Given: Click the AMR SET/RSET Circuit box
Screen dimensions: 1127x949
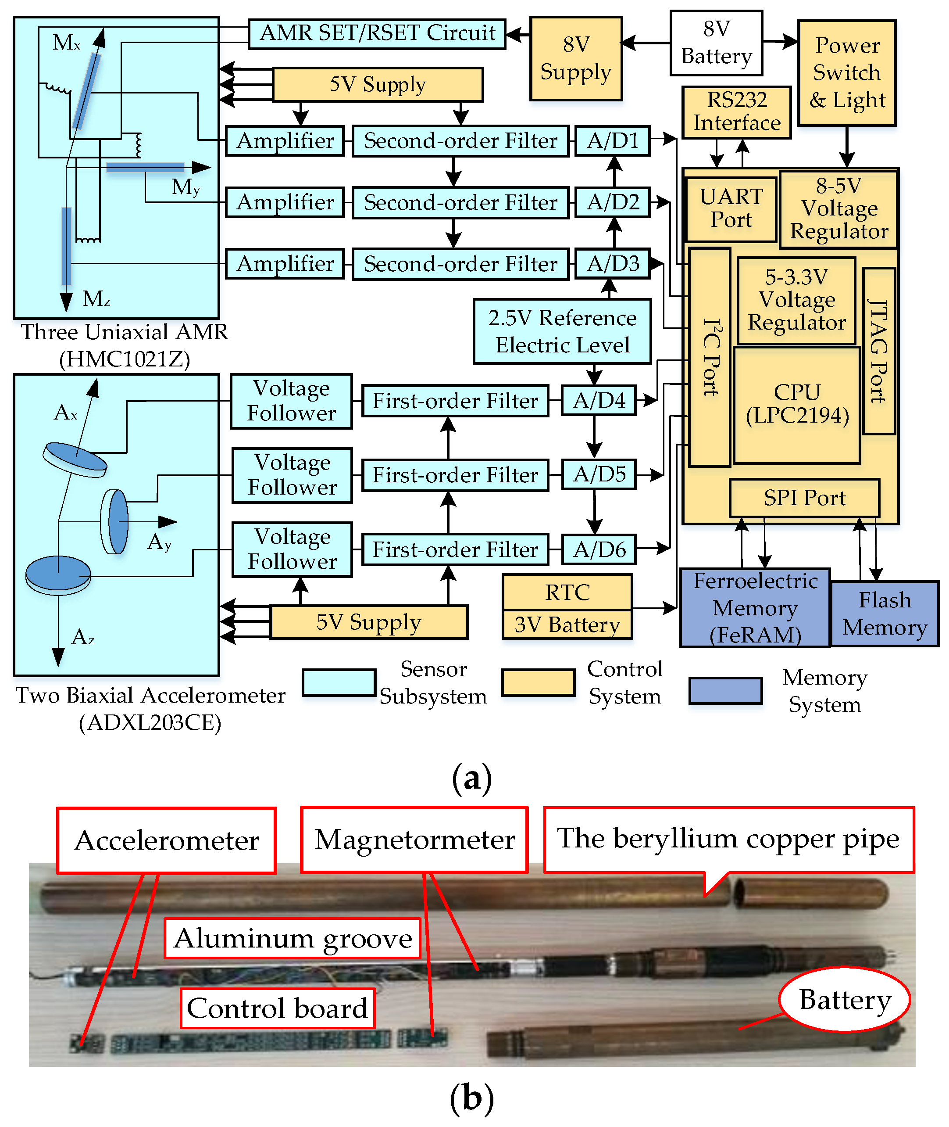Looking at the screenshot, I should [377, 34].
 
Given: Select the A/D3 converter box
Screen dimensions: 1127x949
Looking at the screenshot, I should [613, 264].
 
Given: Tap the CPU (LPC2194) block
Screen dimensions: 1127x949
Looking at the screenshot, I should [797, 404].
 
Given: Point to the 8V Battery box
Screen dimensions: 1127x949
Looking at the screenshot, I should [716, 43].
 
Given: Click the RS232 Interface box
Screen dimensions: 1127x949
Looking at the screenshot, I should [736, 112].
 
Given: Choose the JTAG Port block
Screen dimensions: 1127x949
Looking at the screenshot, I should [878, 351].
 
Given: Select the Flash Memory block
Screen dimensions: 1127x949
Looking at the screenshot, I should [885, 614].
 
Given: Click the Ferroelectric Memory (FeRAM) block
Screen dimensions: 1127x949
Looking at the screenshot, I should [755, 608].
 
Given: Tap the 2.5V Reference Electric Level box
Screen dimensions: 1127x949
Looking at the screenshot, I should [562, 332].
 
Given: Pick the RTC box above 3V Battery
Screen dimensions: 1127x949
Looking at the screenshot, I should [567, 592].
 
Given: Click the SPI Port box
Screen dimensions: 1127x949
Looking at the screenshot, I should [804, 498].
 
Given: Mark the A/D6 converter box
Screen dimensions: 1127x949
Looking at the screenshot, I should [599, 549].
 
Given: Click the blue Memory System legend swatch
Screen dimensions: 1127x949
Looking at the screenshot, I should [726, 691].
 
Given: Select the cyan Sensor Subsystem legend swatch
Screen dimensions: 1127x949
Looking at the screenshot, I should [339, 683].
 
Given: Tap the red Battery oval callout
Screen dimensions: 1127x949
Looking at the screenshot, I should [845, 1000].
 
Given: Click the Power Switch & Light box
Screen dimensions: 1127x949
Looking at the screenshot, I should [847, 73].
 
